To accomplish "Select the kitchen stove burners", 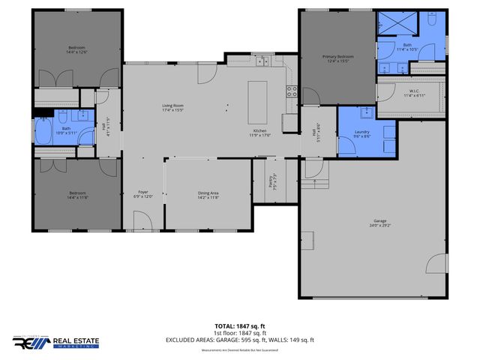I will point(292,91).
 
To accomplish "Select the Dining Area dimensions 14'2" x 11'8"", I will point(208,197).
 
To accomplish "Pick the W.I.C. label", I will point(414,93).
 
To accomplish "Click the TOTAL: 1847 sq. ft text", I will point(239,325).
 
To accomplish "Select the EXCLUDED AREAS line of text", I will point(239,340).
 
